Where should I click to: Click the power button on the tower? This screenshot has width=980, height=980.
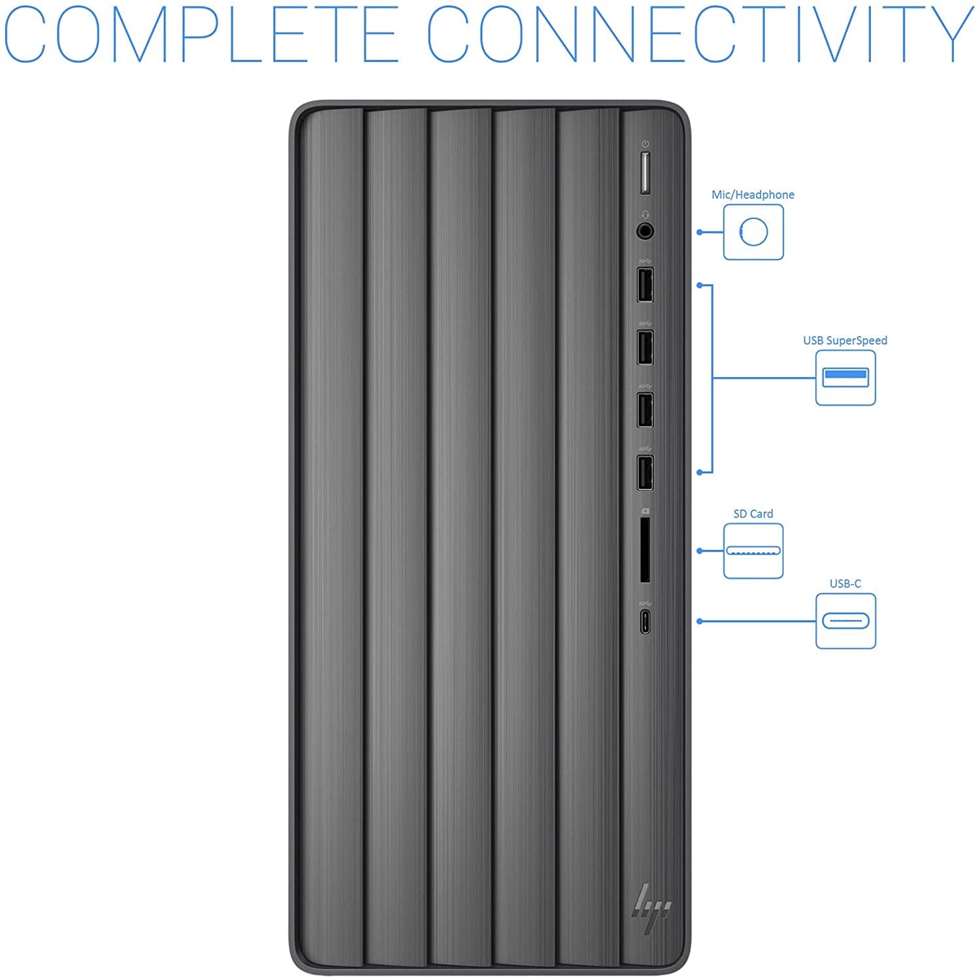[x=645, y=173]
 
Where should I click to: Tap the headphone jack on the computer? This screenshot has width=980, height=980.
[x=645, y=231]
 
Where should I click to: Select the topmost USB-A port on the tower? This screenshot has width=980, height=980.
[x=645, y=285]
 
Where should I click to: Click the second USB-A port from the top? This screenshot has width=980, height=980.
[x=645, y=348]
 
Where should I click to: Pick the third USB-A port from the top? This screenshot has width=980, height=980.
[x=645, y=410]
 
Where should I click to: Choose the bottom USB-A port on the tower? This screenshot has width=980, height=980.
[x=645, y=472]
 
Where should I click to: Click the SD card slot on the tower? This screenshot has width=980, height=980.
[x=645, y=549]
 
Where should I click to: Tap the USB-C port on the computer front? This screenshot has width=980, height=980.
[x=645, y=621]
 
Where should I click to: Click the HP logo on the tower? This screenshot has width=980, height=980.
[x=651, y=902]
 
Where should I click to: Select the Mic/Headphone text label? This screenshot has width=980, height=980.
[x=753, y=195]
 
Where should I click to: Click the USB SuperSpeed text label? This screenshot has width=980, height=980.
[x=845, y=340]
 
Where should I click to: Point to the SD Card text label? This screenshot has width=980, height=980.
[x=753, y=514]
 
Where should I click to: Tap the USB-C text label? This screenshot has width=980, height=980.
[x=845, y=583]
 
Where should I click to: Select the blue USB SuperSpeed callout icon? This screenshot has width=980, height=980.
[x=845, y=378]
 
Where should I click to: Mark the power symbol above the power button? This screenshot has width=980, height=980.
[x=645, y=144]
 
